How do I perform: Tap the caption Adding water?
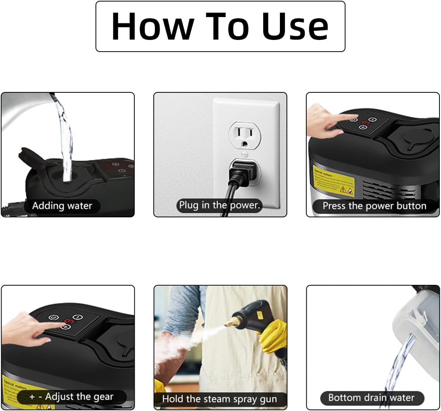(62, 205)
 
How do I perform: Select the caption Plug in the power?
(219, 205)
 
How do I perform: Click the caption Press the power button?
(374, 206)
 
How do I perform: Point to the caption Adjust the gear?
(71, 397)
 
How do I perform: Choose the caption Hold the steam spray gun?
(219, 399)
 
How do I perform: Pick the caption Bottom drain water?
(371, 397)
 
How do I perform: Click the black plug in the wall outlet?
(240, 170)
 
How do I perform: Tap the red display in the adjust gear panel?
(68, 321)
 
